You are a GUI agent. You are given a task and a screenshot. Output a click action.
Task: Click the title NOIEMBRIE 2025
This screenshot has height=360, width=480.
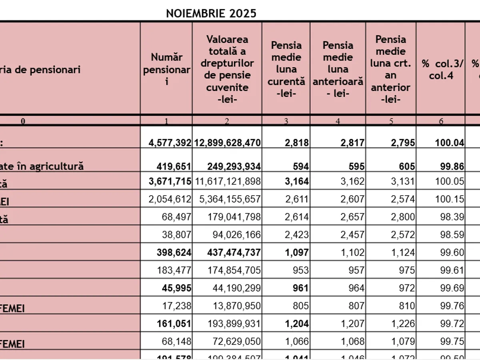(211, 14)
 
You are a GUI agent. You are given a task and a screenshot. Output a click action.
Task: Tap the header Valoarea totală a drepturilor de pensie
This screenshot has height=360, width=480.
(227, 69)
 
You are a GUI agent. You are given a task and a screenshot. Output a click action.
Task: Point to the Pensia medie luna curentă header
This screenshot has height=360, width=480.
(286, 69)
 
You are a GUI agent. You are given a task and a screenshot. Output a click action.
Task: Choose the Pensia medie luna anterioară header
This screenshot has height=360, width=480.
(338, 69)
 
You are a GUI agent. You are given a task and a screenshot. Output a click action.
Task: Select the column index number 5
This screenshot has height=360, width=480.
(391, 121)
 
